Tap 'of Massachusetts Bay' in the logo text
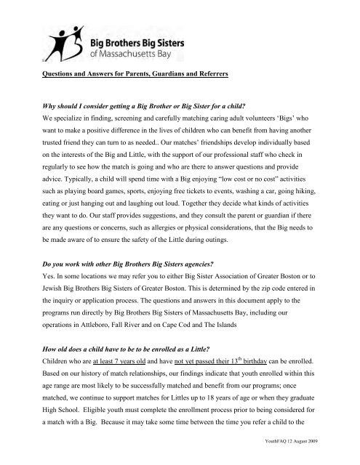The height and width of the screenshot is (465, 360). click(x=134, y=53)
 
